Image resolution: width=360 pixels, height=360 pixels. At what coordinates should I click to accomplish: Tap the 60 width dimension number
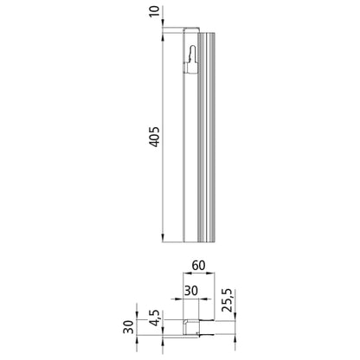(x=197, y=267)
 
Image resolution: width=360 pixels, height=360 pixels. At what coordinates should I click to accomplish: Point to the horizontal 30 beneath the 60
(x=190, y=292)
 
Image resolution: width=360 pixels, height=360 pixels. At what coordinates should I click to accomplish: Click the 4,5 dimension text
(x=153, y=314)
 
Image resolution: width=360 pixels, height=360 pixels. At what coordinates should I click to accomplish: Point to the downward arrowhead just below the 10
(x=164, y=29)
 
